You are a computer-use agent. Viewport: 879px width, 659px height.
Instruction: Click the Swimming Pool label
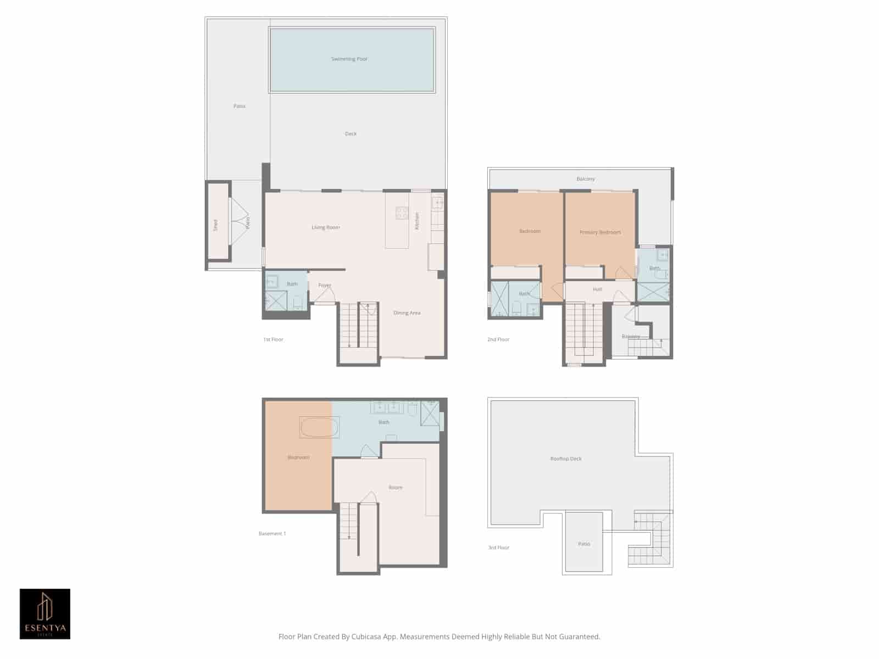click(349, 59)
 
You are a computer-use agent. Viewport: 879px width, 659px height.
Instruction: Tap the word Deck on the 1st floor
click(351, 133)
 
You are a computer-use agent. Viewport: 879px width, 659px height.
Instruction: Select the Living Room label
click(326, 227)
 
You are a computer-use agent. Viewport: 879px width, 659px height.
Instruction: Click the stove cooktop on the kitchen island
click(402, 213)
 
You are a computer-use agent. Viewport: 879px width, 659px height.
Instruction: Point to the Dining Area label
click(407, 313)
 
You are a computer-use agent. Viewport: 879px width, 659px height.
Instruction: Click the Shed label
click(216, 225)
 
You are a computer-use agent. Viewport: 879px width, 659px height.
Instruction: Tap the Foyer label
click(325, 286)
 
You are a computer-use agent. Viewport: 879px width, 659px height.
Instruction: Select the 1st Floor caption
click(273, 339)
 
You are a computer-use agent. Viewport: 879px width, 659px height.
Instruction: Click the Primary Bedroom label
click(600, 232)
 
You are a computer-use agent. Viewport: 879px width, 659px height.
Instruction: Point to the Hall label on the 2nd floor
click(597, 289)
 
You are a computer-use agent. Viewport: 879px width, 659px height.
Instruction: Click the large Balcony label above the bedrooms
click(586, 179)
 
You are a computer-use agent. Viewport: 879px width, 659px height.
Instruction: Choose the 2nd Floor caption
click(498, 339)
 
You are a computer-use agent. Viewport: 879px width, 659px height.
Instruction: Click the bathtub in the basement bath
click(319, 427)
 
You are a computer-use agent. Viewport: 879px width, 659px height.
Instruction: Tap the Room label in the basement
click(396, 488)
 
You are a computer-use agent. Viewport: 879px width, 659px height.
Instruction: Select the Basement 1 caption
click(272, 533)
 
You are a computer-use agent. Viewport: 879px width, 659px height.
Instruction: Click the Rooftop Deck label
click(566, 459)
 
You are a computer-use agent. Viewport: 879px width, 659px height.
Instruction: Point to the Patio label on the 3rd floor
click(584, 544)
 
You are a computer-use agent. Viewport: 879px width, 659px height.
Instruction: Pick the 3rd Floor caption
click(499, 548)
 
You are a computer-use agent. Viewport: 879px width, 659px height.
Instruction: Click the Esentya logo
click(45, 614)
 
